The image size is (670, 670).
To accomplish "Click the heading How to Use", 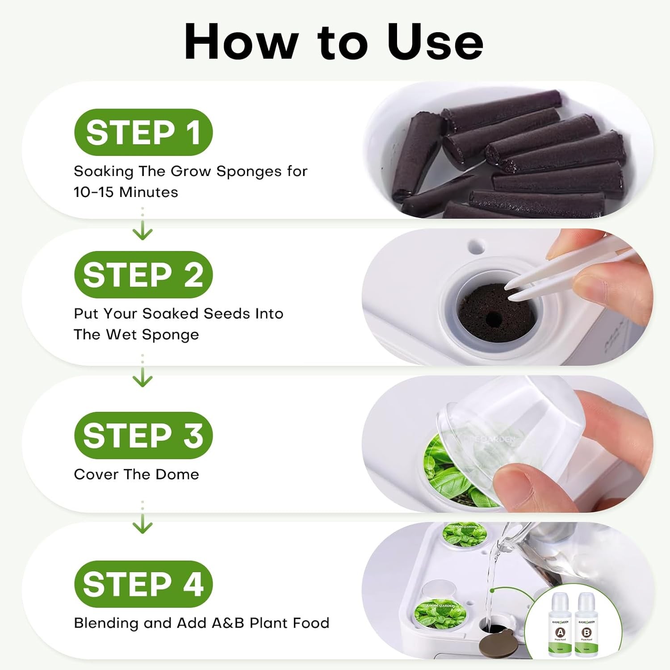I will click(334, 41).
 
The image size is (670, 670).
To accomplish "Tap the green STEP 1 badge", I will click(143, 132).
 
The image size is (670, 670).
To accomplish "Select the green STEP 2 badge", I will click(143, 274).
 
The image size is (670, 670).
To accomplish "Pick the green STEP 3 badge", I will click(143, 435).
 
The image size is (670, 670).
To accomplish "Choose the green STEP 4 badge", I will click(143, 584).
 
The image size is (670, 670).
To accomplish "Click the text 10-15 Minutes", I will click(126, 192).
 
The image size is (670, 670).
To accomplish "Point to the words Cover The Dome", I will click(136, 474).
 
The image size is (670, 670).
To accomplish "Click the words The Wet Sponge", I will click(136, 335).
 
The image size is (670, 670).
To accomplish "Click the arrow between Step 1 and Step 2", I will click(142, 231).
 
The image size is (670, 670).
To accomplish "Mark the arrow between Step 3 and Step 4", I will click(142, 525).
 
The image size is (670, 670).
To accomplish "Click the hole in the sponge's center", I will click(493, 318).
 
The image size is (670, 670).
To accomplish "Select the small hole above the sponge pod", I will click(476, 245).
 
